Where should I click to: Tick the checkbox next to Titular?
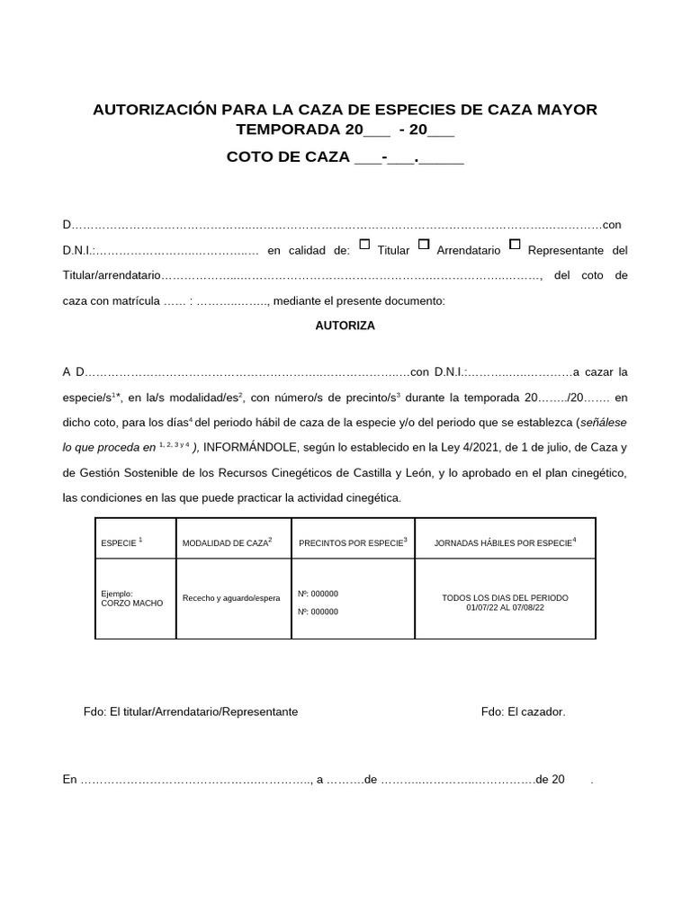[x=364, y=244]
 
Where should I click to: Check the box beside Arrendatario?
[x=424, y=244]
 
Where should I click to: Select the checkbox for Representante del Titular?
[x=515, y=244]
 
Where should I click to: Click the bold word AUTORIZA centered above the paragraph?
[x=345, y=326]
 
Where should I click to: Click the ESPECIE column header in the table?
[x=121, y=543]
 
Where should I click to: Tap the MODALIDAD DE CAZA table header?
[x=227, y=543]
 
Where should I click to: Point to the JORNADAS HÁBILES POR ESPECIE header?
[x=505, y=542]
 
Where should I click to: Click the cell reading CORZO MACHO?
[x=132, y=604]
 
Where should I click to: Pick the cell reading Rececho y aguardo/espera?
[x=231, y=598]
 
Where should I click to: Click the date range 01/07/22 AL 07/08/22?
[x=505, y=608]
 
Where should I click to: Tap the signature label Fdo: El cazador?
[x=523, y=711]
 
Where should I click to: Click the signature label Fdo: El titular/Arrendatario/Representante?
[x=190, y=711]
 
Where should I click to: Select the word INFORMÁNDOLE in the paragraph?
[x=254, y=446]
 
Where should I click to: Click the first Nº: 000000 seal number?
[x=318, y=594]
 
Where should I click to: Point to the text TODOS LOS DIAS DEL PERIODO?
[x=505, y=598]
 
